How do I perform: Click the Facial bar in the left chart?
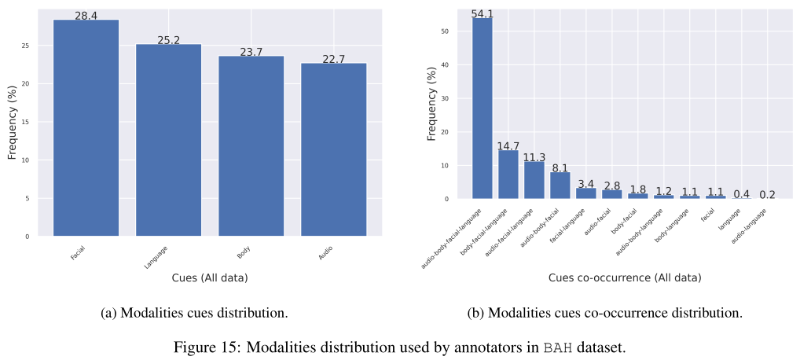pyautogui.click(x=86, y=128)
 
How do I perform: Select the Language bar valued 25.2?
pyautogui.click(x=168, y=140)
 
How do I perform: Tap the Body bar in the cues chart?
pyautogui.click(x=251, y=146)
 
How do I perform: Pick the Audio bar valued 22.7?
pyautogui.click(x=333, y=149)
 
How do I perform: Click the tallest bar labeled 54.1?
pyautogui.click(x=482, y=108)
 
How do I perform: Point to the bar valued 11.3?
pyautogui.click(x=534, y=180)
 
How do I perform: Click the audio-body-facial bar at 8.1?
pyautogui.click(x=560, y=186)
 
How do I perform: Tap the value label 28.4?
pyautogui.click(x=86, y=16)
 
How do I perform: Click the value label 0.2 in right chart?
pyautogui.click(x=767, y=194)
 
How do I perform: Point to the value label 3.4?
pyautogui.click(x=585, y=184)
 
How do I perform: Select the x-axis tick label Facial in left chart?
pyautogui.click(x=77, y=253)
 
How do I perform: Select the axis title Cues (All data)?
pyautogui.click(x=210, y=277)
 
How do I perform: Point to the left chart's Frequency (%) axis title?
pyautogui.click(x=12, y=122)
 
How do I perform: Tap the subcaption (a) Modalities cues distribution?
pyautogui.click(x=194, y=313)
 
